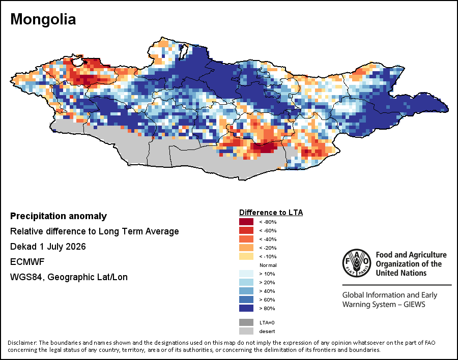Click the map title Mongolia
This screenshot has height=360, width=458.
point(43,19)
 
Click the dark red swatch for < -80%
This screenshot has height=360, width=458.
point(246,222)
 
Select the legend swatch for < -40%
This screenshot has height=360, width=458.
point(246,239)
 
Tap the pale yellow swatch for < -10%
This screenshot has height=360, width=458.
point(246,256)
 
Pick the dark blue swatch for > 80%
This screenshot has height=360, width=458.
point(246,308)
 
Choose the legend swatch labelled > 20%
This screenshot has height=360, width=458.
point(246,282)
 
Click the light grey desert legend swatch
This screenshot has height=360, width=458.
point(246,331)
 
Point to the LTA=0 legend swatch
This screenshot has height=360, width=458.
point(246,322)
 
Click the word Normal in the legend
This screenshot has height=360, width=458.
point(268,265)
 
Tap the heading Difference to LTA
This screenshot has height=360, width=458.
point(271,213)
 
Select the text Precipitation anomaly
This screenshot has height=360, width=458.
point(59,216)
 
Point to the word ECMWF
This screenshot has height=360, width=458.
point(27,262)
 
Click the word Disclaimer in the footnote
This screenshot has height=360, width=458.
point(21,343)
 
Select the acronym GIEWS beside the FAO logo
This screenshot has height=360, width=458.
point(414,305)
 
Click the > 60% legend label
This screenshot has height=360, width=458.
point(267,300)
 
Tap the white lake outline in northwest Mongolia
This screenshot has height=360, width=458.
point(77,62)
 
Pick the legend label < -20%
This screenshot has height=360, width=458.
point(268,248)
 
